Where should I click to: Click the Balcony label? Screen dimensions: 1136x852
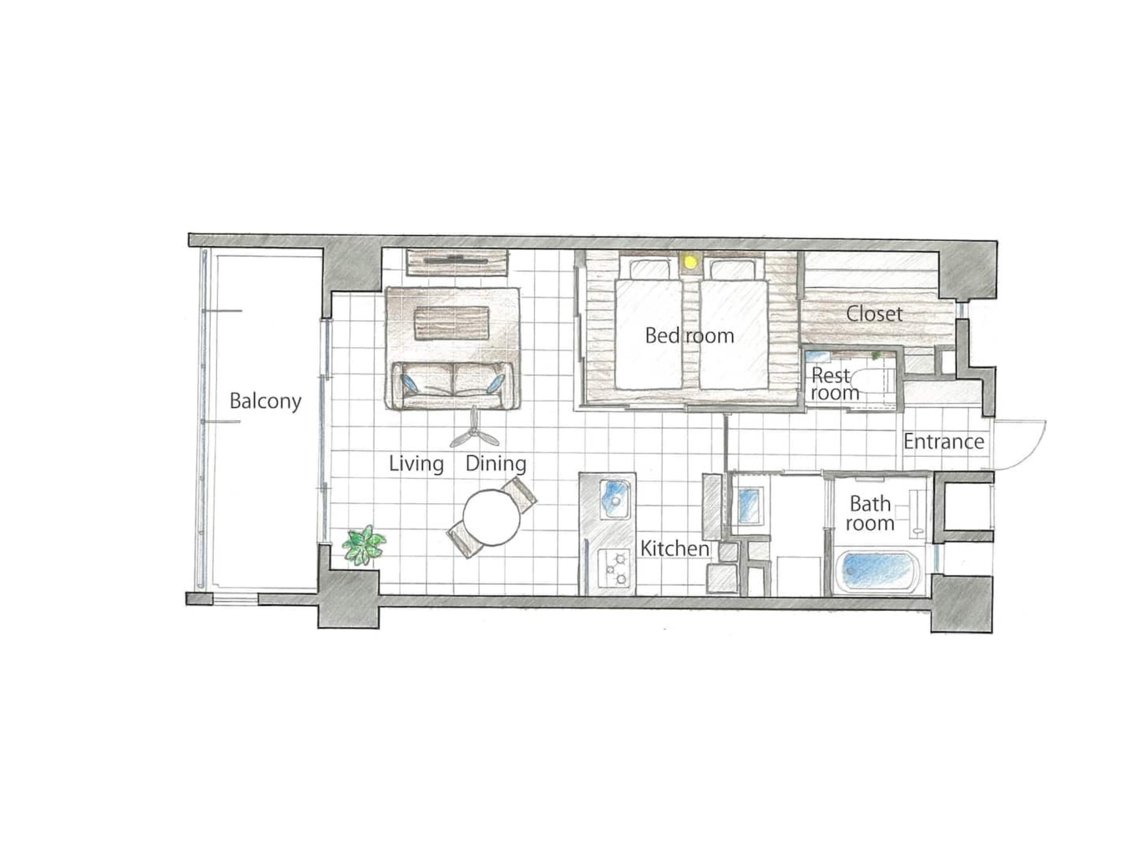[x=265, y=401]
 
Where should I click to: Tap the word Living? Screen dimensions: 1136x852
[x=416, y=464]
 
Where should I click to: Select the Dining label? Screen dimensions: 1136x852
[x=496, y=464]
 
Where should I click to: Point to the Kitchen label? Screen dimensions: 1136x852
[x=674, y=549]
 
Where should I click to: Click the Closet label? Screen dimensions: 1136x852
[x=874, y=314]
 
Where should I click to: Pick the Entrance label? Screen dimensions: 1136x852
[x=944, y=442]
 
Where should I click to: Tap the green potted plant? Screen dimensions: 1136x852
[x=363, y=545]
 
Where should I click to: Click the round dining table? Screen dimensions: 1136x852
[x=491, y=518]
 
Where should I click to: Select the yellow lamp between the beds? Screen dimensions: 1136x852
[x=690, y=262]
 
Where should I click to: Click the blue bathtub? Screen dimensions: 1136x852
[x=876, y=571]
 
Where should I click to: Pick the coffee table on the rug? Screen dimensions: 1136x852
[x=452, y=323]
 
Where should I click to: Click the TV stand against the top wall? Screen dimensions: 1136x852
[x=457, y=262]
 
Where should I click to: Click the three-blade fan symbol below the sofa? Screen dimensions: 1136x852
[x=474, y=430]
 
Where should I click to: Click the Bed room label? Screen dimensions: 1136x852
[x=689, y=336]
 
